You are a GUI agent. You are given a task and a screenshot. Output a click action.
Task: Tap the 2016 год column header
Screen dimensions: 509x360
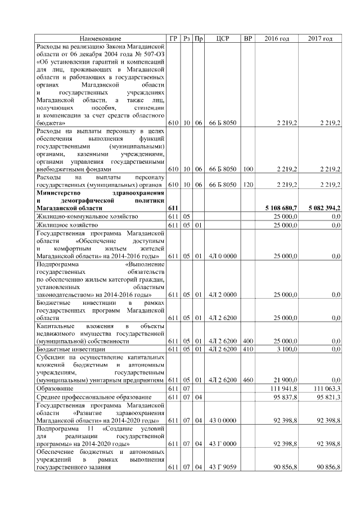[x=277, y=38]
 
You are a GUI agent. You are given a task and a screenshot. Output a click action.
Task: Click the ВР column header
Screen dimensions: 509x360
[x=247, y=38]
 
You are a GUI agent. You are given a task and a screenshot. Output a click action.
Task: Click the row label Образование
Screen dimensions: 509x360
[x=53, y=389]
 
